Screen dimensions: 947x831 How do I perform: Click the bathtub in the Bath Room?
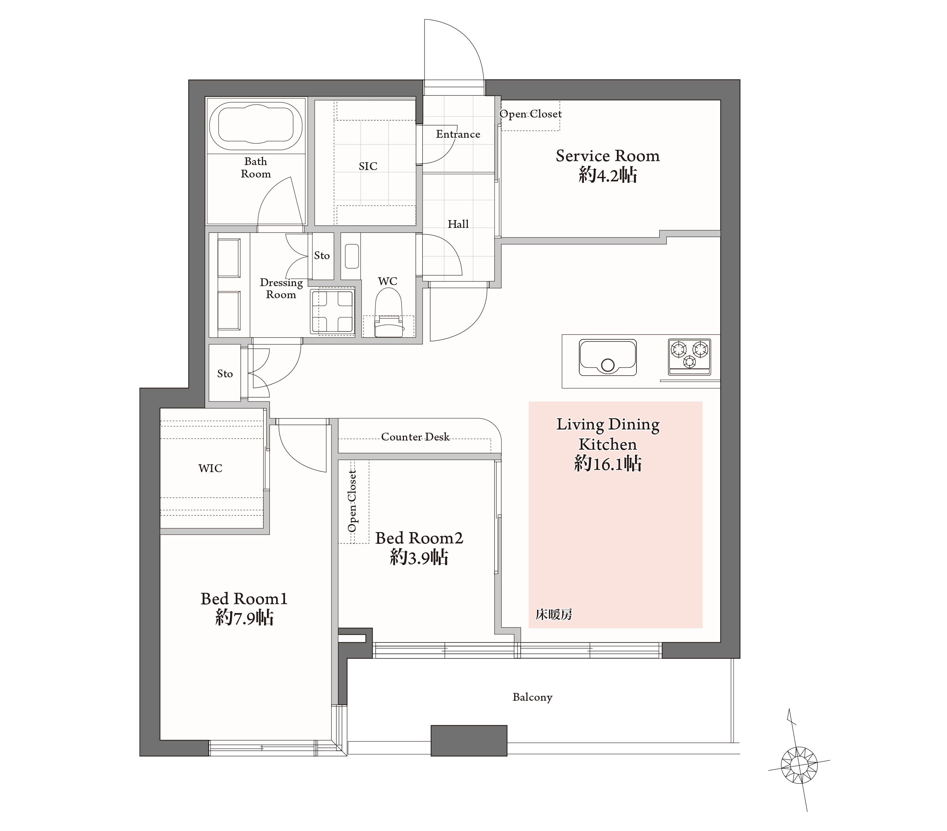[x=256, y=126]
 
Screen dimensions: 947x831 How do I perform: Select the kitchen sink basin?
[x=607, y=357]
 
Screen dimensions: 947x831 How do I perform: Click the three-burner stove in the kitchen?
[x=689, y=356]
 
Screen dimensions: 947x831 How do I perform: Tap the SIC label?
[x=368, y=166]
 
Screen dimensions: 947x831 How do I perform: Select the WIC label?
[x=210, y=468]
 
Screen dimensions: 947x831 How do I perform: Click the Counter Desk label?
[x=415, y=437]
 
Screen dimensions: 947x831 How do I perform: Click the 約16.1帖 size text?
[x=608, y=464]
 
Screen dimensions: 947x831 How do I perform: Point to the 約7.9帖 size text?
[x=244, y=618]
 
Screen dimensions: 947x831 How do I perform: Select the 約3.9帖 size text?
[x=419, y=557]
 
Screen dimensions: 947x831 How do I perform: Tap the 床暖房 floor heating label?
[x=554, y=614]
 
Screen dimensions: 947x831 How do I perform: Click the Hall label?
[x=458, y=224]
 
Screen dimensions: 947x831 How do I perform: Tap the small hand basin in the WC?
[x=352, y=256]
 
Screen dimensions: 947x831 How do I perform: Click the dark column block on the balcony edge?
[x=469, y=740]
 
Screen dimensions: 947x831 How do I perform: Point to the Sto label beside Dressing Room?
[x=322, y=255]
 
